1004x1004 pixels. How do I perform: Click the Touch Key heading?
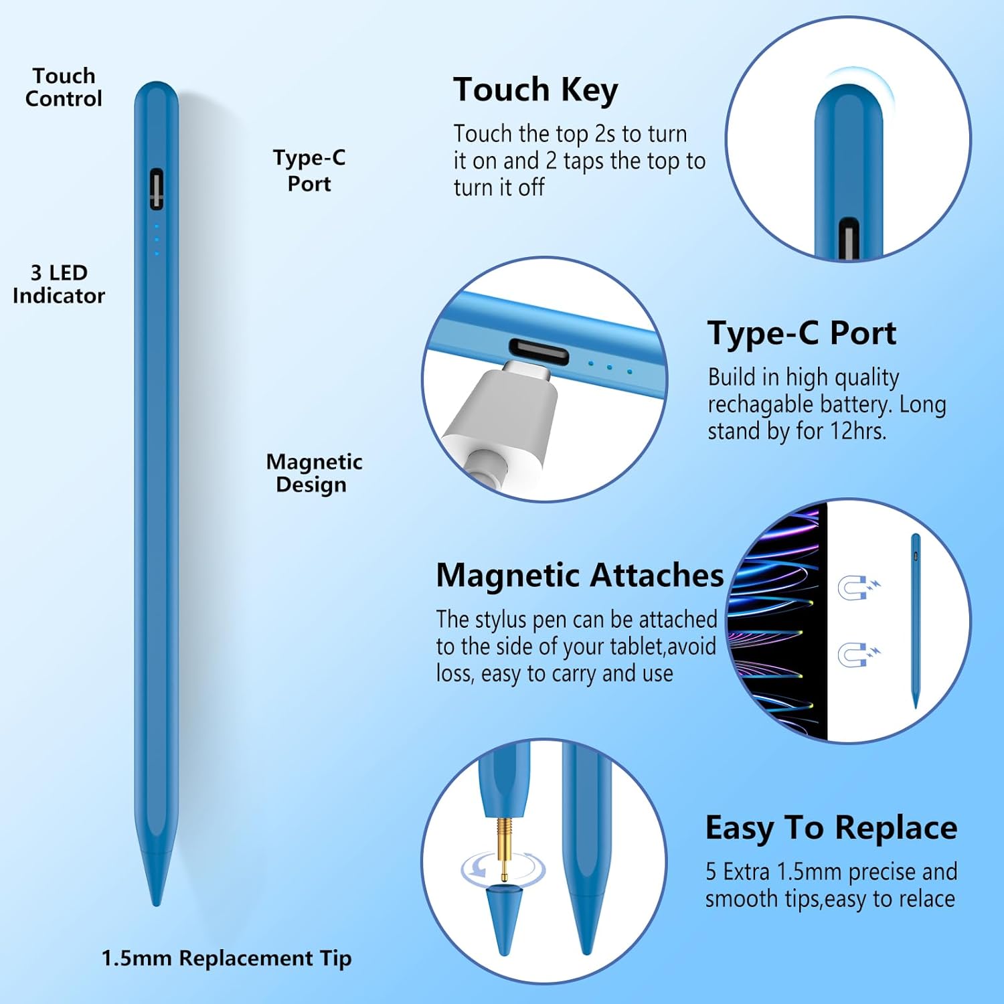(x=535, y=90)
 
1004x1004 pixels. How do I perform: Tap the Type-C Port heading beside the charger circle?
(x=801, y=333)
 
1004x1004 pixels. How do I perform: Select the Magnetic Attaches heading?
(x=580, y=575)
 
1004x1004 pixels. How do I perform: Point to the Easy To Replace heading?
(x=831, y=828)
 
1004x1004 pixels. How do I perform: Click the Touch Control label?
(x=64, y=87)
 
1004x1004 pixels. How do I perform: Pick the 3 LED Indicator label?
(x=59, y=284)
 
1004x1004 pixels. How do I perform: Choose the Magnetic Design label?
(x=313, y=473)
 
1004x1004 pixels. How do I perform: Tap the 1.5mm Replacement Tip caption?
(x=226, y=958)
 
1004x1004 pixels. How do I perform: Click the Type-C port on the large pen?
(x=156, y=189)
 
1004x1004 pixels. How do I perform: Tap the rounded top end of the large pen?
(x=156, y=94)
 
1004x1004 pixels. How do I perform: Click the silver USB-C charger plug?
(x=509, y=408)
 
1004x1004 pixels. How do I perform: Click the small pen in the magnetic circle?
(x=915, y=619)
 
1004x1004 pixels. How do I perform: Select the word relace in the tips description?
(x=927, y=899)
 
